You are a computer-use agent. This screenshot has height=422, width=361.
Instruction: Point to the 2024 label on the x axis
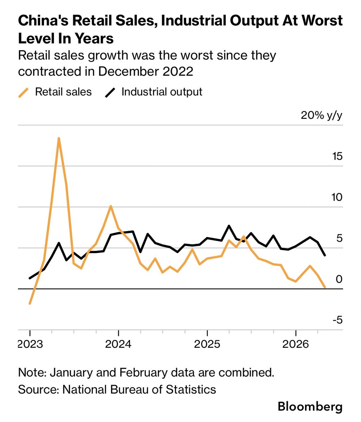coord(118,344)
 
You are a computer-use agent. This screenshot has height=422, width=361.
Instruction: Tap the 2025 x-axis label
coord(207,344)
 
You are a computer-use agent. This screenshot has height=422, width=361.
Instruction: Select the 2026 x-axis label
coord(296,344)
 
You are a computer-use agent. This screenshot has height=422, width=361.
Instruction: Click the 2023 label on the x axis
coord(31,344)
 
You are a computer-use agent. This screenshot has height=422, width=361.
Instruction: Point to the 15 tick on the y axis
coord(337,156)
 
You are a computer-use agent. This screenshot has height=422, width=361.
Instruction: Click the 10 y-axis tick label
coord(337,197)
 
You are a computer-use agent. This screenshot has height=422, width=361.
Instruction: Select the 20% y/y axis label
coord(321,116)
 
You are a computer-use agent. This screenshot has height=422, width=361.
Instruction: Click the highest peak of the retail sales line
coord(59,138)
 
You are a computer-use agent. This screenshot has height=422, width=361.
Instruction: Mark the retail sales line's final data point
coord(325,287)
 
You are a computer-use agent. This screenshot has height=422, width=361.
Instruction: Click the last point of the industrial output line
coord(325,255)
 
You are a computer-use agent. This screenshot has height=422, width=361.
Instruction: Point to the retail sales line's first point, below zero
coord(30,304)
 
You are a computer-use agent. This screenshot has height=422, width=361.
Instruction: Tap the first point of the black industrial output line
coord(30,278)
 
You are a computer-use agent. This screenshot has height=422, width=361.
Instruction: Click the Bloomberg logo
coord(310,407)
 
